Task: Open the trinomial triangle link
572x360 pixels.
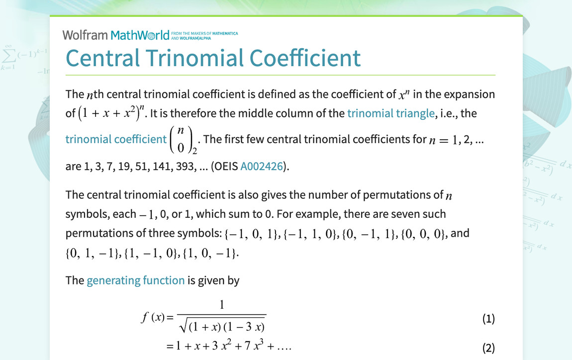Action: click(x=391, y=113)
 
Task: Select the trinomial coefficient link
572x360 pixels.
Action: click(x=116, y=139)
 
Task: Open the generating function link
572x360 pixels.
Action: click(x=135, y=280)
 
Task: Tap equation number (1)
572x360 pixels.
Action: click(x=488, y=319)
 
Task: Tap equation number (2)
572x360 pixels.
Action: click(x=488, y=348)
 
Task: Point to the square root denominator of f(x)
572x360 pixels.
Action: click(x=222, y=326)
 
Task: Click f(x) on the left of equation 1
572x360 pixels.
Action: click(x=152, y=317)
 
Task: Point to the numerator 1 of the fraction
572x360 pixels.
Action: click(x=222, y=305)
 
